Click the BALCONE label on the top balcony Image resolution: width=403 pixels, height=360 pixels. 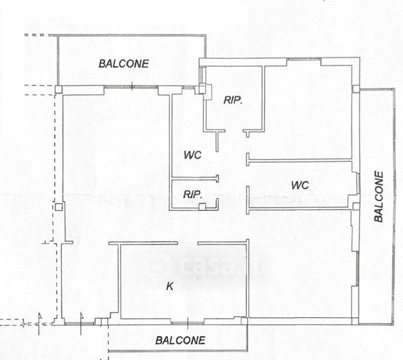[124, 64]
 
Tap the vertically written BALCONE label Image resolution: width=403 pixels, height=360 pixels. [379, 197]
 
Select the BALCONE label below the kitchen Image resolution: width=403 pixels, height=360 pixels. [180, 340]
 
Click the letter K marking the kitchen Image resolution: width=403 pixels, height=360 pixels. [170, 286]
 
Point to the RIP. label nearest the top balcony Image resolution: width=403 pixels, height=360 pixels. [233, 100]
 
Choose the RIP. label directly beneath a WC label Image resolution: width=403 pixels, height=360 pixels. [193, 194]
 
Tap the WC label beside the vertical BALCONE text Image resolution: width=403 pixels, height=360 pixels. [300, 185]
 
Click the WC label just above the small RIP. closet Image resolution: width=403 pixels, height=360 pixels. [193, 155]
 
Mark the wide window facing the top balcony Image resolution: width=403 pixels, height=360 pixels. [131, 87]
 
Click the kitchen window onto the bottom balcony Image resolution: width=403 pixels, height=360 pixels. [188, 322]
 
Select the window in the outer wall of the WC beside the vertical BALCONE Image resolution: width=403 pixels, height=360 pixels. [358, 184]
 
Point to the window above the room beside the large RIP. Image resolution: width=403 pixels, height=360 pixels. [303, 59]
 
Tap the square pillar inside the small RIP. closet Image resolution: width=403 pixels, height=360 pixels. [202, 206]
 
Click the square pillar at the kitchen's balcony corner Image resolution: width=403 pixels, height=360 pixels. [244, 321]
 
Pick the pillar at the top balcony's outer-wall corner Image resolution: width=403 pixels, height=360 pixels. [59, 89]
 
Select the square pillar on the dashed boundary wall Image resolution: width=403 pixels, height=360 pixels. [59, 207]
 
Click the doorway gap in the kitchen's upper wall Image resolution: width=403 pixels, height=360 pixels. [188, 243]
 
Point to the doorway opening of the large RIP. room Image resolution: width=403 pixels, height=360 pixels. [234, 131]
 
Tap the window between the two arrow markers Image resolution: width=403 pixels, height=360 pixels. [79, 323]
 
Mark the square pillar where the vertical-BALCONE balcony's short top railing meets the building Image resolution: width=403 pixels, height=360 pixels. [356, 89]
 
